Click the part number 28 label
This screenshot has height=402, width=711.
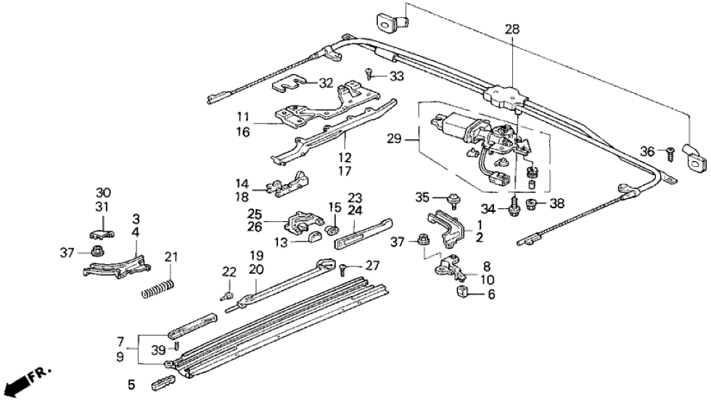point(512,30)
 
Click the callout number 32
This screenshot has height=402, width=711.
point(326,82)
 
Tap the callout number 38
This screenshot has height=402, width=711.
point(557,204)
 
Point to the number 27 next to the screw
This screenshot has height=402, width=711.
point(373,266)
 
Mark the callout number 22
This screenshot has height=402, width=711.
point(229,271)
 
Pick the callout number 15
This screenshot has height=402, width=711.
point(334,207)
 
